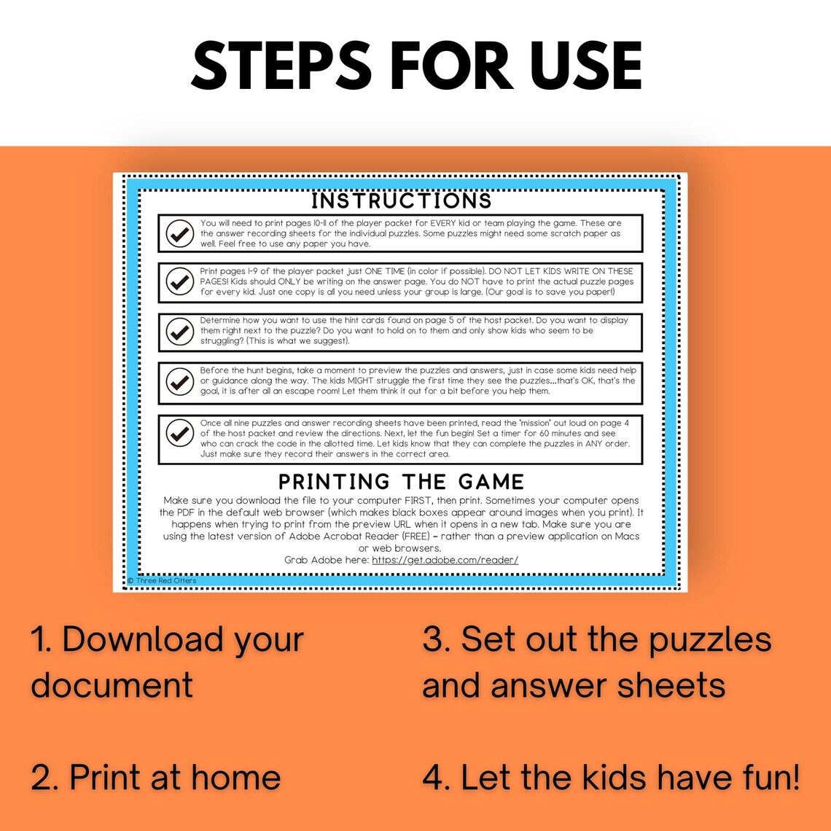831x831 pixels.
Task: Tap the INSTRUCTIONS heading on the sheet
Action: pos(402,200)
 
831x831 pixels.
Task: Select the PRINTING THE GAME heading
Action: pos(402,482)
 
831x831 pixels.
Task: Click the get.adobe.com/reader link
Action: pos(445,560)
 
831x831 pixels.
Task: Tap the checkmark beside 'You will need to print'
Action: pos(179,233)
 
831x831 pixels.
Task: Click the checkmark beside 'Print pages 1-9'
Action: pos(179,282)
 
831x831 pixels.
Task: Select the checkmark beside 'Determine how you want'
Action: pos(179,332)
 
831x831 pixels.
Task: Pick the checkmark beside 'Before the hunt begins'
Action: pos(179,381)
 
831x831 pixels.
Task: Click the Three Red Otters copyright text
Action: pos(162,581)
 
